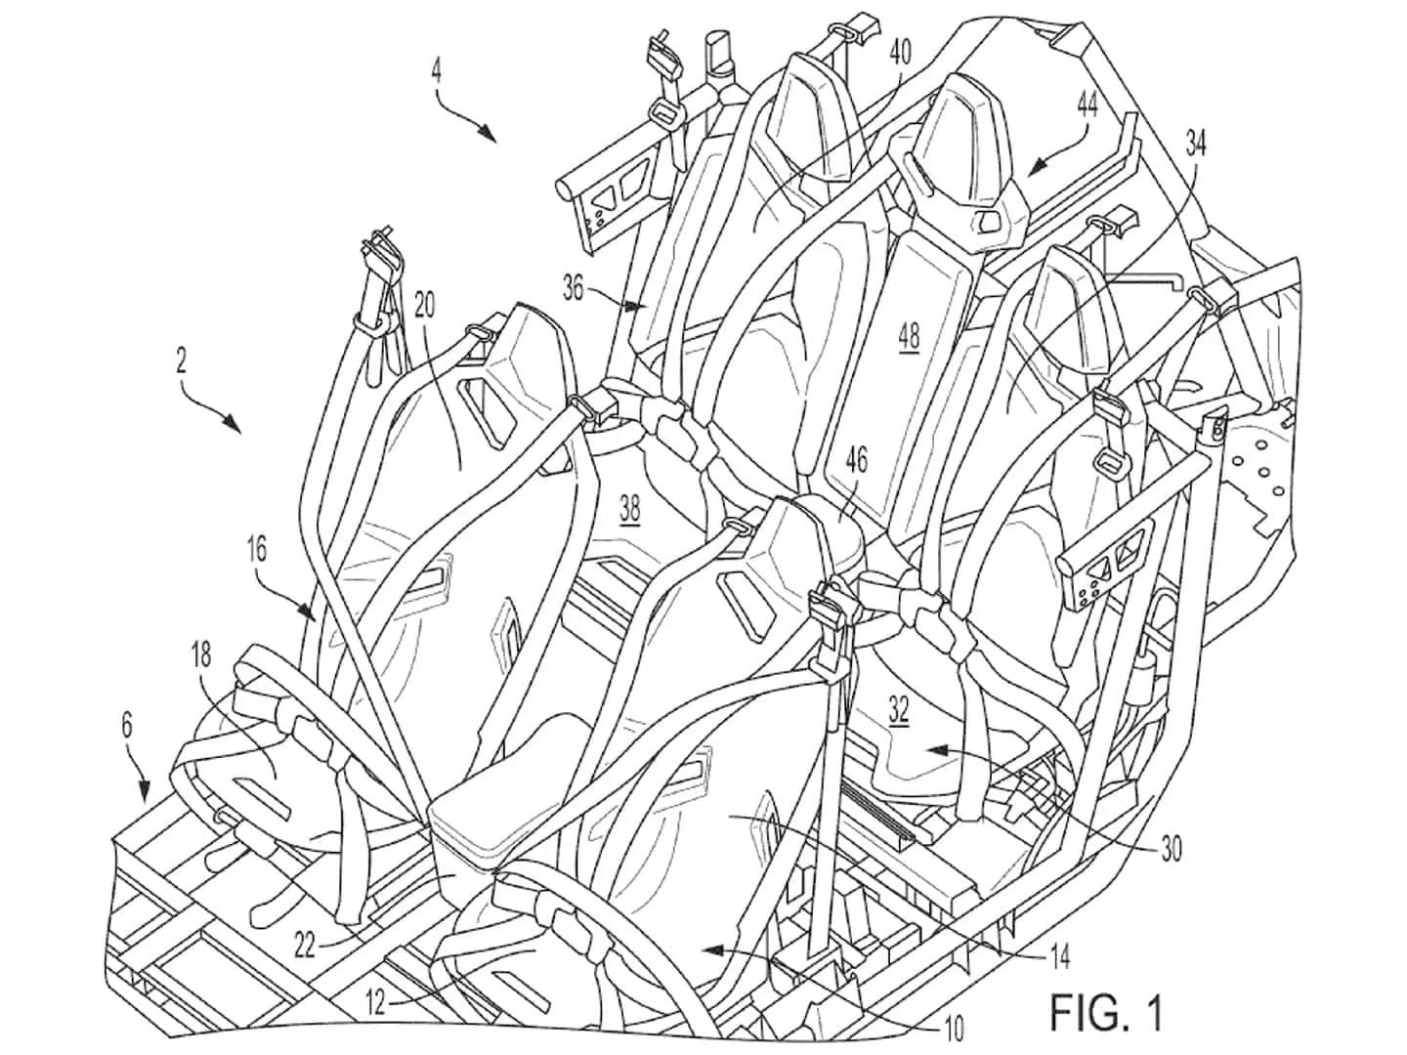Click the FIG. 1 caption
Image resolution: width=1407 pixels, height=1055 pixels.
(x=1106, y=1013)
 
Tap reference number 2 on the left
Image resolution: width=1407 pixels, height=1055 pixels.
(x=182, y=360)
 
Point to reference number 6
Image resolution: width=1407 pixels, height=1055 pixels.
(x=126, y=726)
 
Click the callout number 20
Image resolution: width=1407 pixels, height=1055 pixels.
(x=423, y=304)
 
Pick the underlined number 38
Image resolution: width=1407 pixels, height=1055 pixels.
(x=630, y=507)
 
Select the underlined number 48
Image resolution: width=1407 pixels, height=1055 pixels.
(x=909, y=336)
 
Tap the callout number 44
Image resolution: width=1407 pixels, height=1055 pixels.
(x=1087, y=105)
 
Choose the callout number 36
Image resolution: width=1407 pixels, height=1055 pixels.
(x=575, y=286)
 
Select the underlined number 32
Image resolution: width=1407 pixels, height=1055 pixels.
(x=899, y=711)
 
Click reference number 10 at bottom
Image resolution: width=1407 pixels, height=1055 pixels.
(x=954, y=1027)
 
